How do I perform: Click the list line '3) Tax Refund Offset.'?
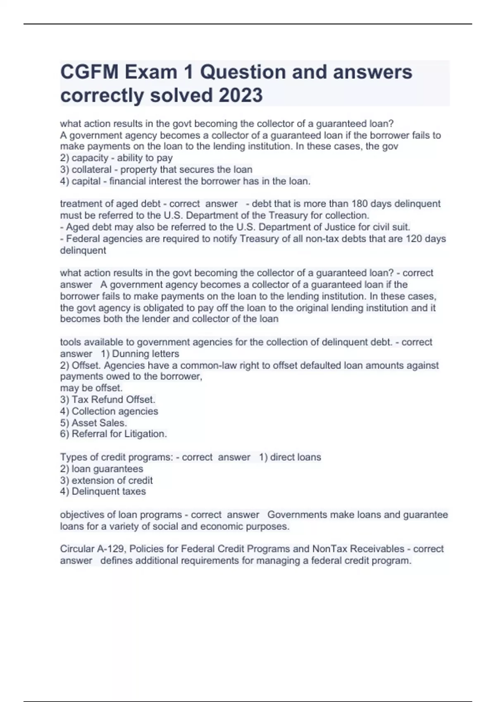click(107, 400)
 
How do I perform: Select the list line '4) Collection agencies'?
click(109, 411)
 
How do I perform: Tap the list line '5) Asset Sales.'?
click(93, 423)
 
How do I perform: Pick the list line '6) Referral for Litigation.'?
click(113, 434)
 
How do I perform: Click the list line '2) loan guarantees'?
click(102, 469)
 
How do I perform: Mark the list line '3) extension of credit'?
click(106, 481)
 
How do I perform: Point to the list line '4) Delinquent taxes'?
click(103, 492)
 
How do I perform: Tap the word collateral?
click(92, 170)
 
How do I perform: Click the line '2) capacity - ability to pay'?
click(116, 158)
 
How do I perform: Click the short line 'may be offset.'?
click(91, 388)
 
